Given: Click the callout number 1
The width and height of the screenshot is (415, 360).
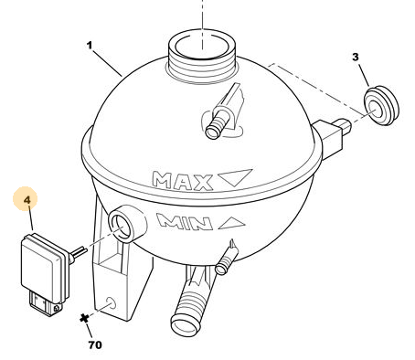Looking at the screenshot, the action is coord(90,46).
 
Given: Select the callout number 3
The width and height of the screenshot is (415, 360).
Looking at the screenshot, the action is coord(356,58).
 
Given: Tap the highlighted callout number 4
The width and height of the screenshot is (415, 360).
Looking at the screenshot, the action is coord(27,200).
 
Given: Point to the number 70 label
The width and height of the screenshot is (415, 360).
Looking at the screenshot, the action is coord(95,345).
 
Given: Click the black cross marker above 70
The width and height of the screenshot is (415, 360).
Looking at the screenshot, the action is coord(84,319).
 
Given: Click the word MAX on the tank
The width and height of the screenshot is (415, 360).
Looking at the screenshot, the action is coord(182,181).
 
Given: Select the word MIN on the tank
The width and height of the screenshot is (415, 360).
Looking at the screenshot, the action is coord(185,221).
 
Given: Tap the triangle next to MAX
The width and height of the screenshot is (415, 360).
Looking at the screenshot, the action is coord(235,177).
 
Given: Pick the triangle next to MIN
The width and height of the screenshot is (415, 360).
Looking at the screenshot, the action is coord(232,223).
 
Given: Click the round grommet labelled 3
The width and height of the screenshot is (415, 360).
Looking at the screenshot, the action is coord(381,106).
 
